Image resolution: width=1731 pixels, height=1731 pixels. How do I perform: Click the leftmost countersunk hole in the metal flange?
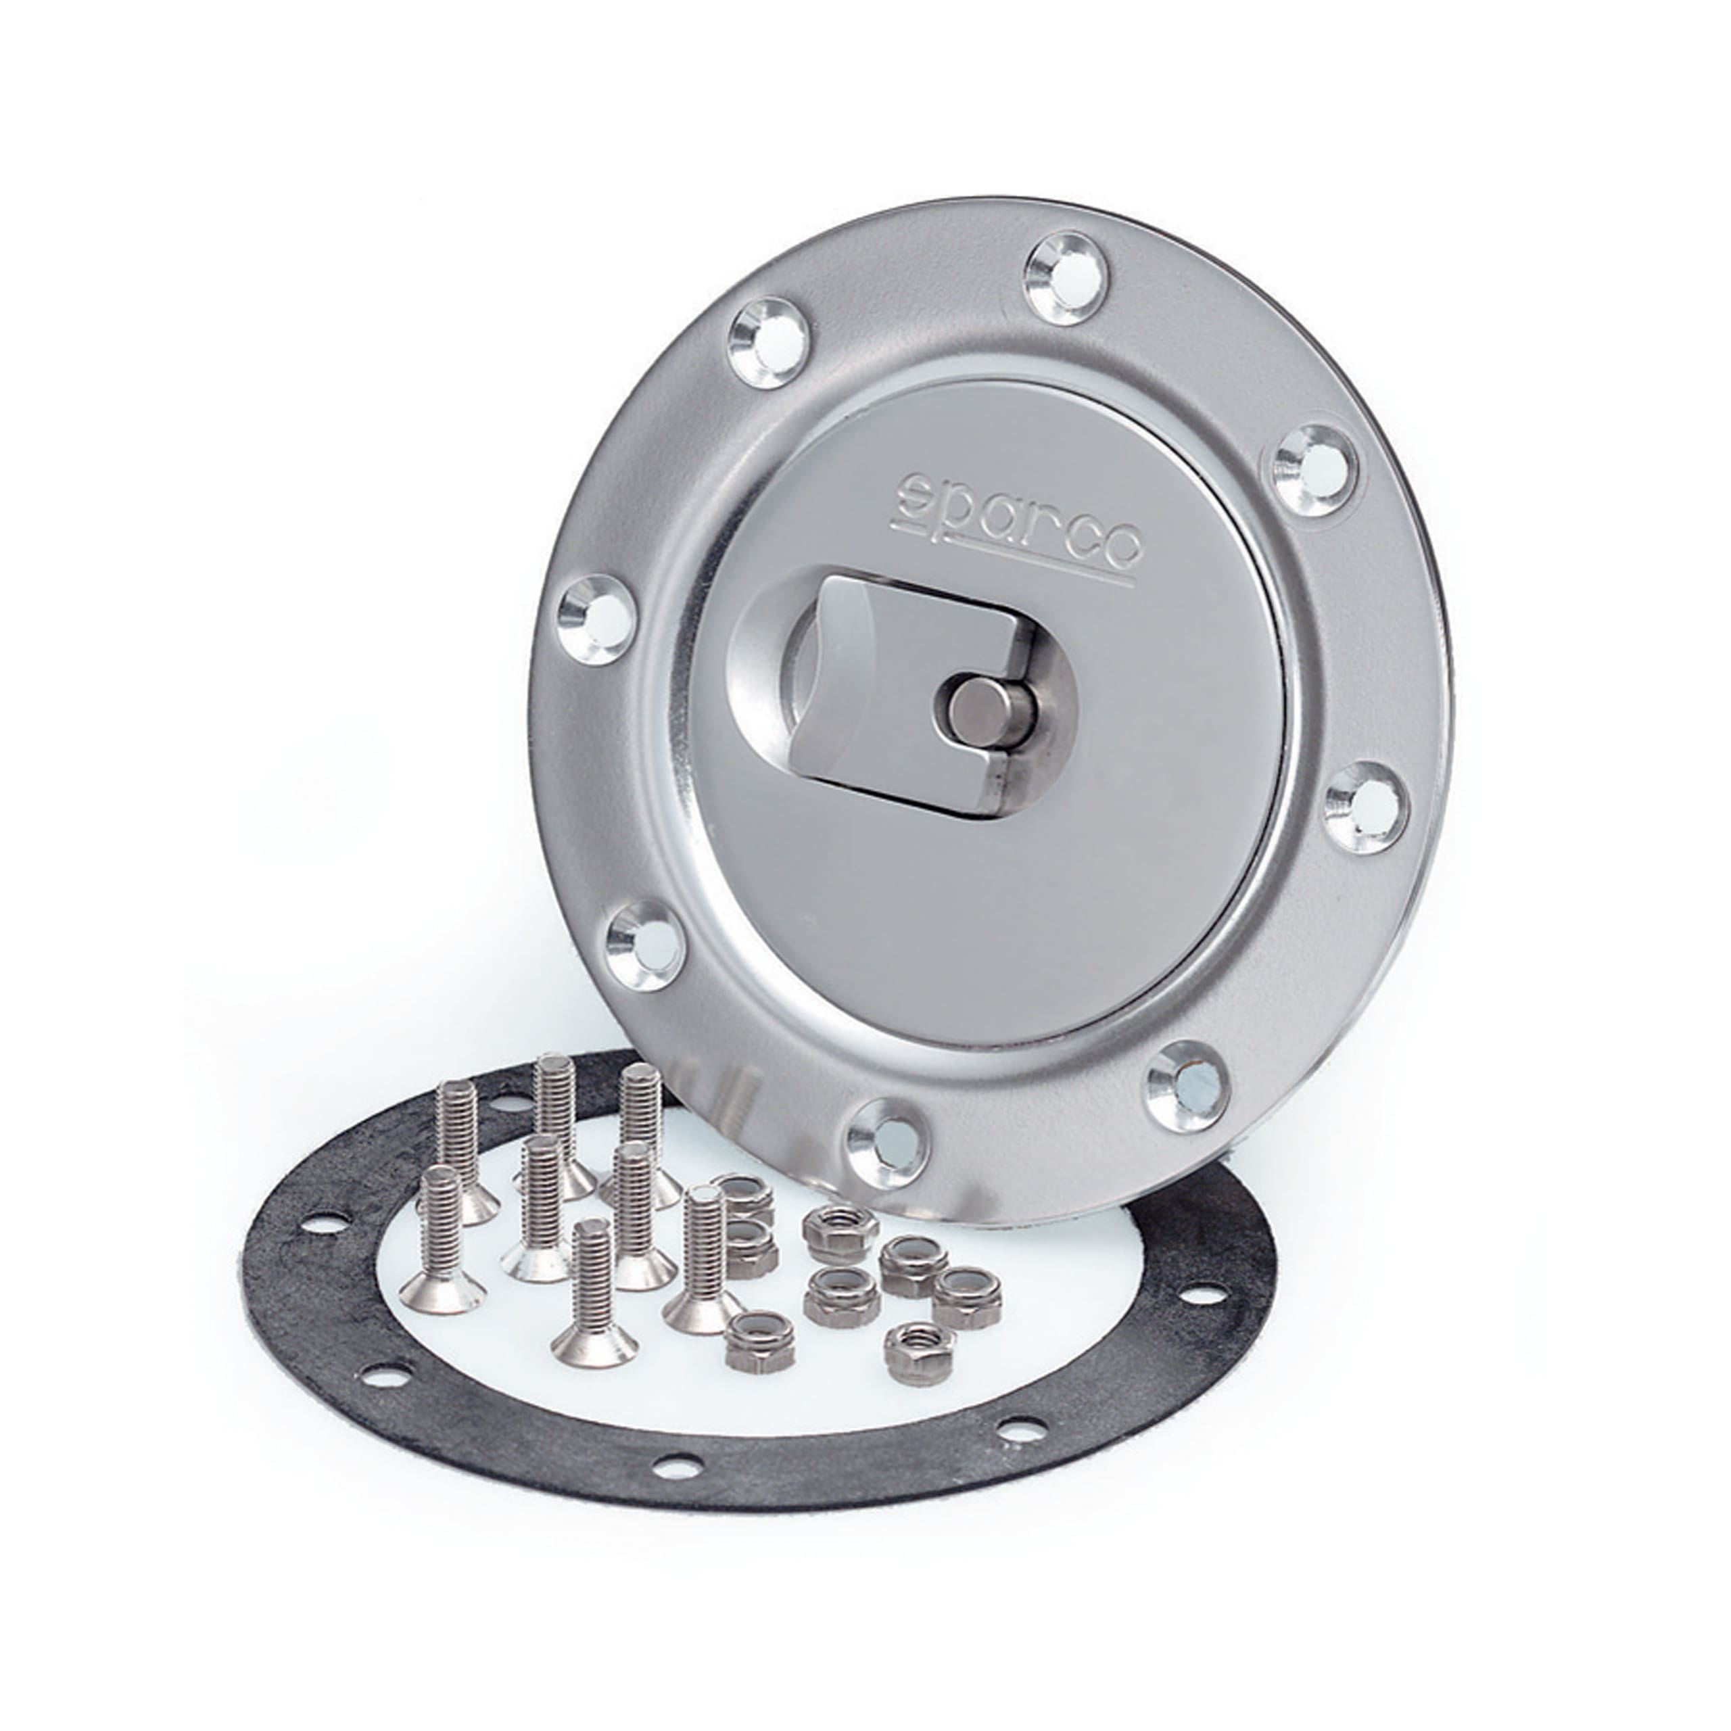(596, 618)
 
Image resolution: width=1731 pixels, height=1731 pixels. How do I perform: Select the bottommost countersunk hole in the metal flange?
(884, 1142)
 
